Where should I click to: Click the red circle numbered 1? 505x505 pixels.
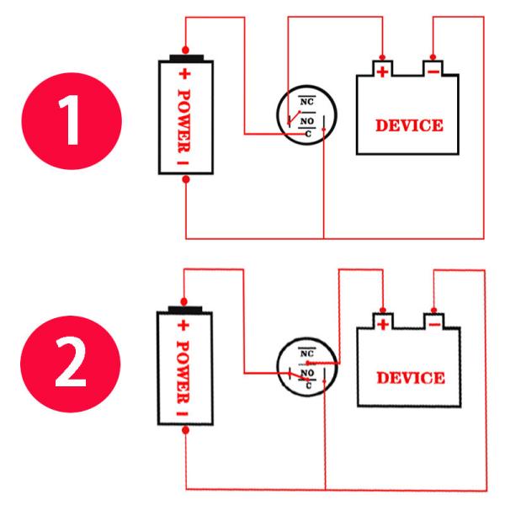pyautogui.click(x=72, y=120)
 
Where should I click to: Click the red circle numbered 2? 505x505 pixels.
pyautogui.click(x=71, y=364)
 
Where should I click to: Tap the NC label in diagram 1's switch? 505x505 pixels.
pyautogui.click(x=306, y=102)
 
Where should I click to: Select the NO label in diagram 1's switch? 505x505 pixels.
pyautogui.click(x=307, y=121)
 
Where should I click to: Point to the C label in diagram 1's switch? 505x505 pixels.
pyautogui.click(x=308, y=134)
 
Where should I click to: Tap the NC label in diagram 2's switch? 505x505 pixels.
pyautogui.click(x=307, y=353)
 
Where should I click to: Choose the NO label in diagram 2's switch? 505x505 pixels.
pyautogui.click(x=307, y=373)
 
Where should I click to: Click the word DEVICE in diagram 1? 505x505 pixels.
pyautogui.click(x=409, y=125)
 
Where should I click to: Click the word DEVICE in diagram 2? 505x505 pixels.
pyautogui.click(x=411, y=378)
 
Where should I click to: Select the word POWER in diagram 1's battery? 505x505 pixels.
pyautogui.click(x=183, y=120)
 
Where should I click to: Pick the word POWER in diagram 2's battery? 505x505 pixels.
pyautogui.click(x=183, y=372)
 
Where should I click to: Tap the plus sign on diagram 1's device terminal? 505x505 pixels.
pyautogui.click(x=383, y=72)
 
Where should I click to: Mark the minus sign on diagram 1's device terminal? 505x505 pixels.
pyautogui.click(x=433, y=72)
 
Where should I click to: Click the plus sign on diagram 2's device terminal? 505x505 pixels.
pyautogui.click(x=383, y=324)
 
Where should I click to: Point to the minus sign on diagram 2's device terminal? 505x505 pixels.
pyautogui.click(x=434, y=325)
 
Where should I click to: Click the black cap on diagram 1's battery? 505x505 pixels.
pyautogui.click(x=187, y=58)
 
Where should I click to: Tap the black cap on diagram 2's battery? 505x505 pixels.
pyautogui.click(x=185, y=310)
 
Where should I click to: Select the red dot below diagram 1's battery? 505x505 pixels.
pyautogui.click(x=186, y=179)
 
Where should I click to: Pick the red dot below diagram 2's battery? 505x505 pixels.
pyautogui.click(x=185, y=430)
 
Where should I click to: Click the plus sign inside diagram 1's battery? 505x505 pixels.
pyautogui.click(x=184, y=74)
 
